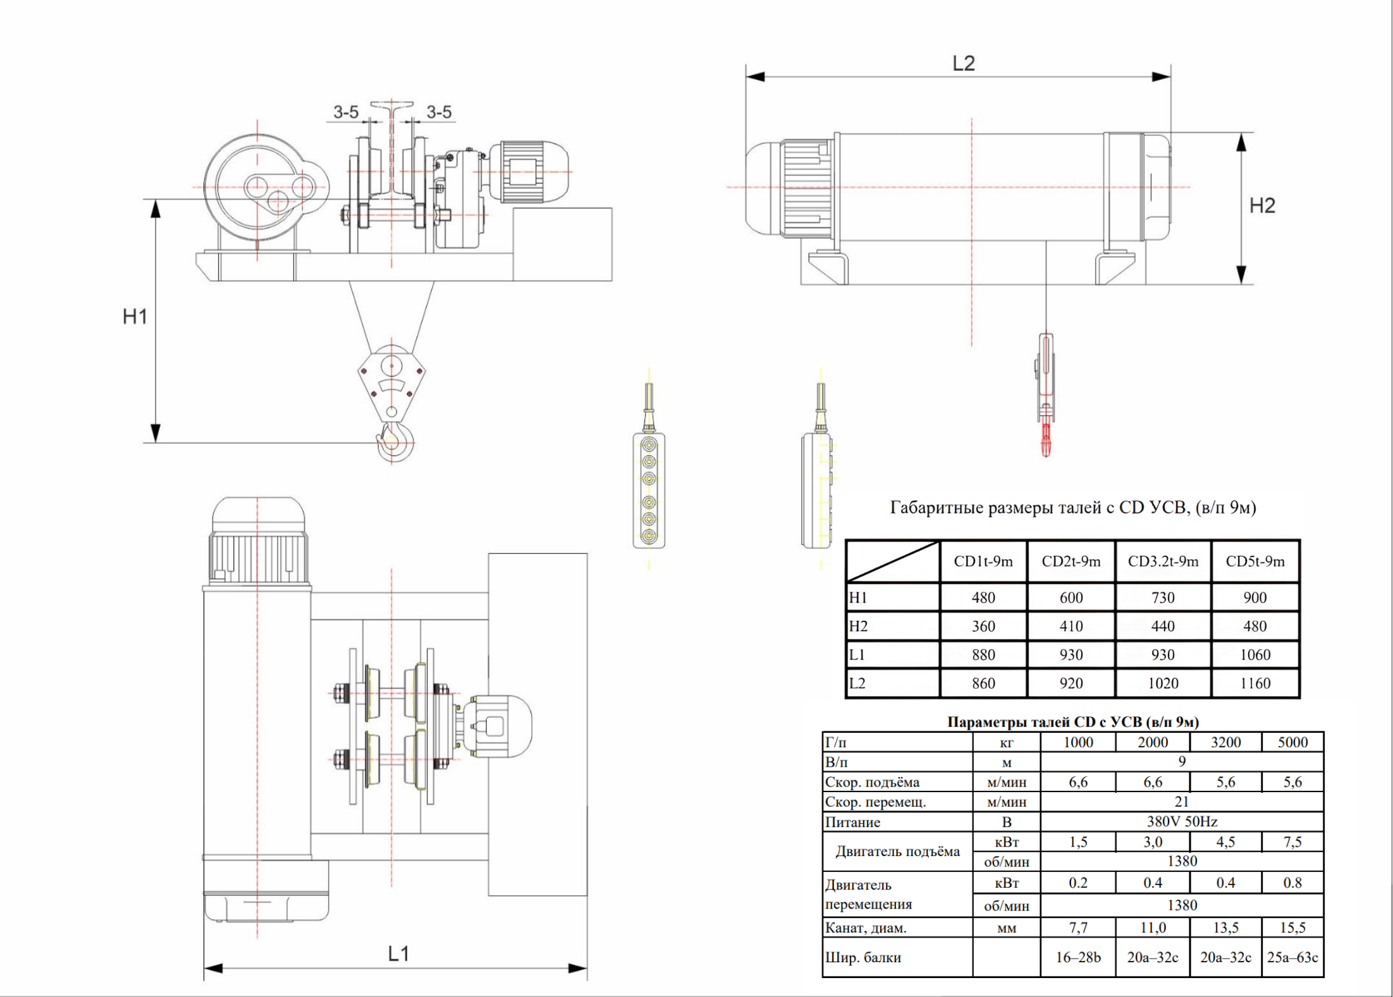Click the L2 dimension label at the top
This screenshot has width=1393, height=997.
pyautogui.click(x=964, y=63)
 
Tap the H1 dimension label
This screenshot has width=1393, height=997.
pyautogui.click(x=135, y=316)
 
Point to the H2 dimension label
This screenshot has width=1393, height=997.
pyautogui.click(x=1262, y=205)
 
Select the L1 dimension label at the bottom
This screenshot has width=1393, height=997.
pyautogui.click(x=399, y=953)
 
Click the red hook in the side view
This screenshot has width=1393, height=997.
pyautogui.click(x=1046, y=438)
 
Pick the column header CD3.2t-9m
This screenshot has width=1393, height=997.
pyautogui.click(x=1163, y=561)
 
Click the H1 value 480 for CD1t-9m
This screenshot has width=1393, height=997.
pyautogui.click(x=983, y=597)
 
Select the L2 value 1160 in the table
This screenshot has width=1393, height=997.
pyautogui.click(x=1255, y=683)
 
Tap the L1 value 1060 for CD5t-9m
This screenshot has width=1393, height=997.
pyautogui.click(x=1255, y=655)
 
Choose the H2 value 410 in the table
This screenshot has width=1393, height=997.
pyautogui.click(x=1071, y=627)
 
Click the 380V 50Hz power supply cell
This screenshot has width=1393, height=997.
pyautogui.click(x=1182, y=822)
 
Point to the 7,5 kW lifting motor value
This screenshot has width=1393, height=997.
pyautogui.click(x=1292, y=842)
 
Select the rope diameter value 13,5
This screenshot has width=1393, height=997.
pyautogui.click(x=1225, y=927)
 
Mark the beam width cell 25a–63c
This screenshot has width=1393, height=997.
pyautogui.click(x=1292, y=957)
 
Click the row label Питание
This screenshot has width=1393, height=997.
pyautogui.click(x=852, y=823)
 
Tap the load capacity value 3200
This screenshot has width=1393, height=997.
pyautogui.click(x=1225, y=742)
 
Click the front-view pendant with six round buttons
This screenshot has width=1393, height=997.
pyautogui.click(x=649, y=489)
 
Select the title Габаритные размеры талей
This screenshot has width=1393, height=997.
pyautogui.click(x=1072, y=508)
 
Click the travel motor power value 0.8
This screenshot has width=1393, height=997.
pyautogui.click(x=1292, y=883)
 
